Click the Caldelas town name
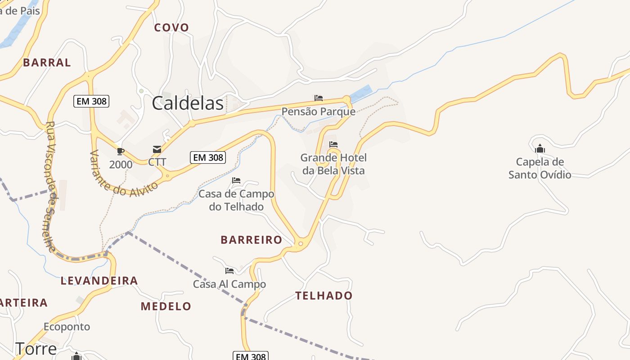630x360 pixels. (x=188, y=103)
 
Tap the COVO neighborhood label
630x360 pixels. (x=171, y=27)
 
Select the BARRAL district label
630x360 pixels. (x=47, y=63)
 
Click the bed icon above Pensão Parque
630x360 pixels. (x=319, y=98)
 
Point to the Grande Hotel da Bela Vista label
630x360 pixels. (x=333, y=164)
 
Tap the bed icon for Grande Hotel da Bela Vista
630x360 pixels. (x=333, y=144)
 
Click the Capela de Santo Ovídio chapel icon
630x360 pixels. (x=540, y=148)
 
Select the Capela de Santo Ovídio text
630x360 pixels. (x=540, y=168)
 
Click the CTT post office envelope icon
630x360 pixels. (x=157, y=149)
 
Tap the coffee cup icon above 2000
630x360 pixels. (x=120, y=151)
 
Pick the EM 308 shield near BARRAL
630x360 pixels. (x=92, y=101)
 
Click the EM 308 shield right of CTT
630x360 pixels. (x=208, y=157)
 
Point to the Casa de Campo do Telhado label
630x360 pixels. (x=236, y=200)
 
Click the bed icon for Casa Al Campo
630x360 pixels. (x=229, y=271)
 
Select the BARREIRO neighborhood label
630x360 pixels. (x=251, y=240)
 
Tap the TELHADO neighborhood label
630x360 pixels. (x=324, y=296)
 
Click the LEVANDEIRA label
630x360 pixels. (x=99, y=281)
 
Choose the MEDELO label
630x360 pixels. (x=166, y=306)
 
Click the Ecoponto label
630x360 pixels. (x=67, y=327)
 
